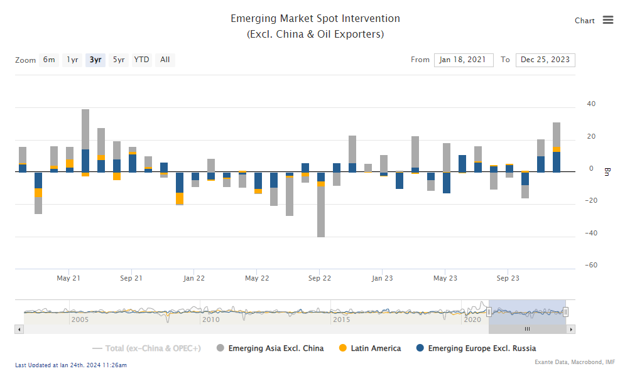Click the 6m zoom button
[x=49, y=60]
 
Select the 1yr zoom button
[x=73, y=60]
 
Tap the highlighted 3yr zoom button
[x=95, y=60]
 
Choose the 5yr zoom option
[x=119, y=60]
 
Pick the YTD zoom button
[x=142, y=60]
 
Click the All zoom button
[x=165, y=60]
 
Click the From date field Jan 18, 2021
[x=463, y=60]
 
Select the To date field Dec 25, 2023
[x=545, y=60]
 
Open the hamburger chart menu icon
[x=607, y=20]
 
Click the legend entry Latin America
[x=375, y=348]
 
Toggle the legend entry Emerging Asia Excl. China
[x=276, y=348]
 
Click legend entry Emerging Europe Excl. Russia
[x=481, y=348]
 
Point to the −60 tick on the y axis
[x=590, y=266]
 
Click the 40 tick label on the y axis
[x=591, y=104]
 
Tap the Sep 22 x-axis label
[x=319, y=278]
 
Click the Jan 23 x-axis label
[x=382, y=278]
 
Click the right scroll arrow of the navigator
[x=570, y=329]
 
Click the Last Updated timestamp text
[x=70, y=365]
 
